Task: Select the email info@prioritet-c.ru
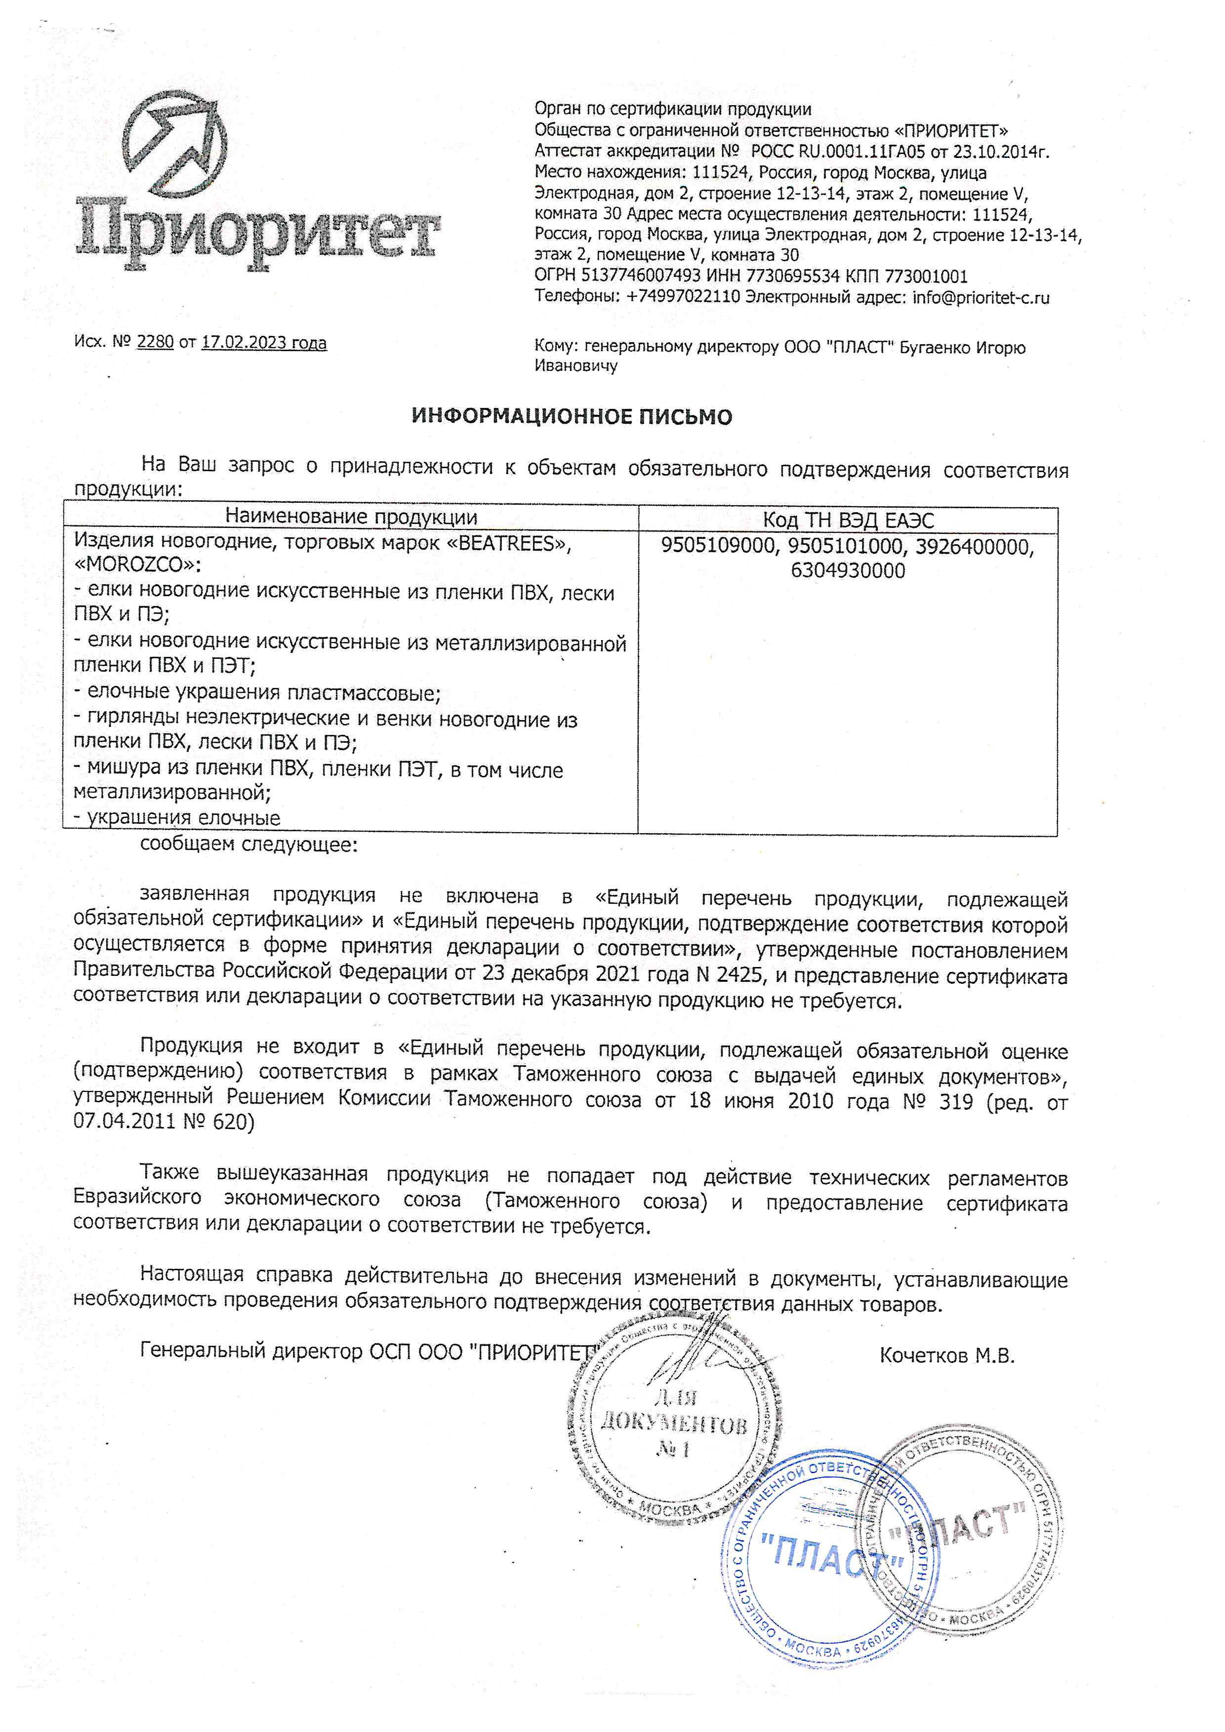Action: (980, 297)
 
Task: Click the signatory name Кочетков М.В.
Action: (947, 1356)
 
